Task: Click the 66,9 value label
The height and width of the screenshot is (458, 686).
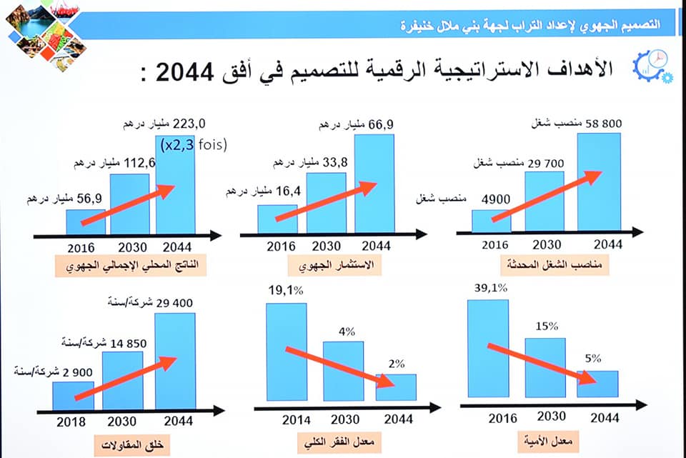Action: pos(381,125)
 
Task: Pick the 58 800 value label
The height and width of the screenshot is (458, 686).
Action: pos(604,124)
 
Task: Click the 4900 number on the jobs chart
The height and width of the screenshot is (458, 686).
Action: pos(494,198)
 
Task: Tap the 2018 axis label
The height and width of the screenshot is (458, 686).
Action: pos(71,422)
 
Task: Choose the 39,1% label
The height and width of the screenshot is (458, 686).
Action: pos(489,288)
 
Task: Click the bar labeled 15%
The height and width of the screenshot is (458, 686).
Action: pos(545,367)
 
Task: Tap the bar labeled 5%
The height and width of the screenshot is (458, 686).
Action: pos(597,384)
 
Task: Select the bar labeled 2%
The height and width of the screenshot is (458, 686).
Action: pos(396,387)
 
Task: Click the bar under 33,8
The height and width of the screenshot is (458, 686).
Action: pos(326,202)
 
